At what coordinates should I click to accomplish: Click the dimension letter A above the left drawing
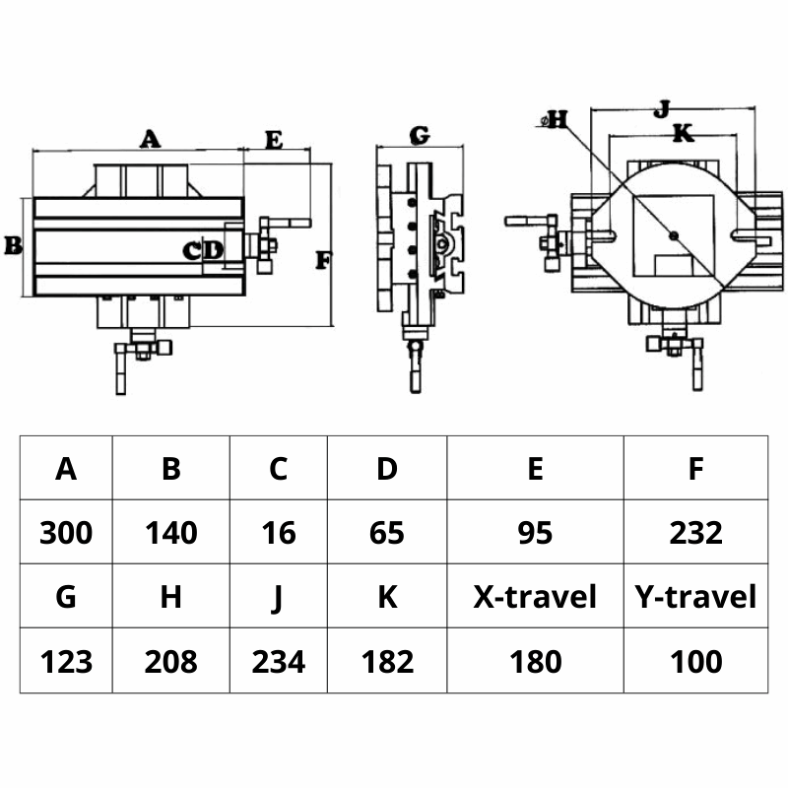pos(149,138)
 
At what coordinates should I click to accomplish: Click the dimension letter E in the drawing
pos(274,140)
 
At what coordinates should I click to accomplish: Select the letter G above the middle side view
pos(419,134)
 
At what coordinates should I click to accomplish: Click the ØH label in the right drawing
pos(556,120)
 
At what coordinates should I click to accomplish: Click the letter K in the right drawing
pos(683,132)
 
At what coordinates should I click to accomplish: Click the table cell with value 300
pos(66,533)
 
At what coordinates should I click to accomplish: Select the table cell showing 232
pos(695,533)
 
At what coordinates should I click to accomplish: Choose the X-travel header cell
pos(535,597)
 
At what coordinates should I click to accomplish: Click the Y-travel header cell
pos(695,597)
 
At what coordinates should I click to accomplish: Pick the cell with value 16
pos(279,533)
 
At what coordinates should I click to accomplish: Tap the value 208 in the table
pos(171,661)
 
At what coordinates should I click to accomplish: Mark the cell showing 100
pos(695,661)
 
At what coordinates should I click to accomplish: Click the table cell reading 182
pos(387,661)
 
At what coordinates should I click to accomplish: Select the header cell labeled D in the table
pos(387,469)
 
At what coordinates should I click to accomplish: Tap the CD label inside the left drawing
pos(204,251)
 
